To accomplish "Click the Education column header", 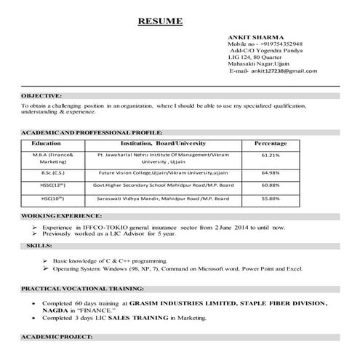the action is tap(46, 144).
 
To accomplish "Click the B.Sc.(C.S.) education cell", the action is tap(46, 173).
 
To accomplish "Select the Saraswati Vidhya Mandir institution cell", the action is tap(158, 198).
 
